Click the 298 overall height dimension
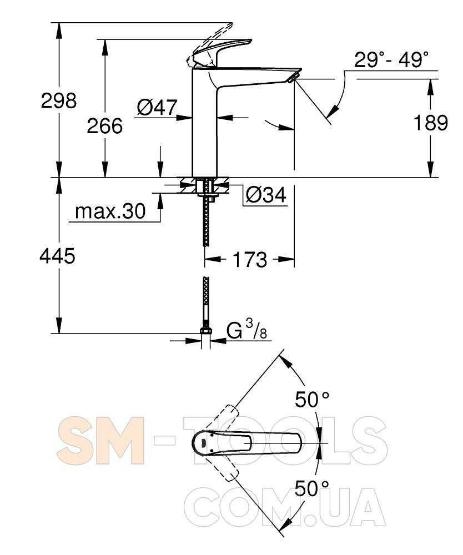pos(59,100)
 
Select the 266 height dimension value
pos(105,125)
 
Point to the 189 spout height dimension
pos(431,123)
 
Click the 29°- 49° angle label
pos(391,59)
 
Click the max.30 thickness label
pos(110,211)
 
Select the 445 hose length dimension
pos(57,255)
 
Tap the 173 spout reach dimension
pos(250,259)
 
